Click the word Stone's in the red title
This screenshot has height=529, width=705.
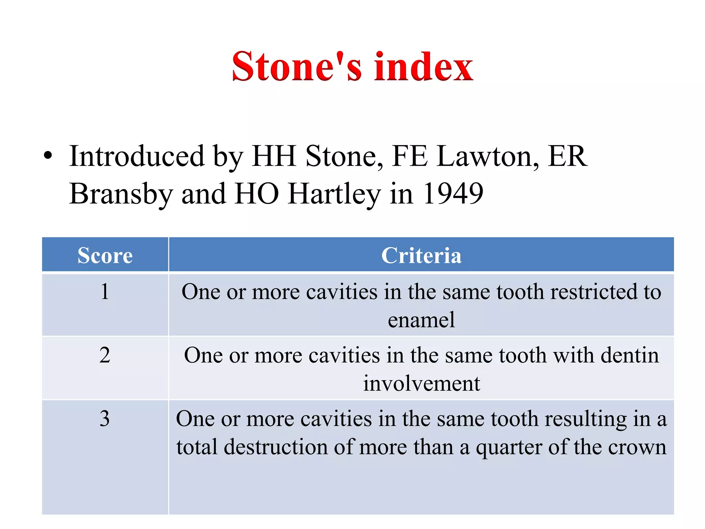[x=297, y=66]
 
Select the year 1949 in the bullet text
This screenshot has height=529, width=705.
[x=453, y=194]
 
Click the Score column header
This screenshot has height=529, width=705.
[x=105, y=255]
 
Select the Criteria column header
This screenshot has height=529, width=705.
[x=421, y=255]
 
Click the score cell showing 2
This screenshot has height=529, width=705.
[x=105, y=355]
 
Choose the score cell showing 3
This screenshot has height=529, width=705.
[x=105, y=419]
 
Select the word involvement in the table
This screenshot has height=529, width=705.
[x=421, y=383]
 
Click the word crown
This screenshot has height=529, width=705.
[x=637, y=447]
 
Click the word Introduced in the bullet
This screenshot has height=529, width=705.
[x=137, y=156]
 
